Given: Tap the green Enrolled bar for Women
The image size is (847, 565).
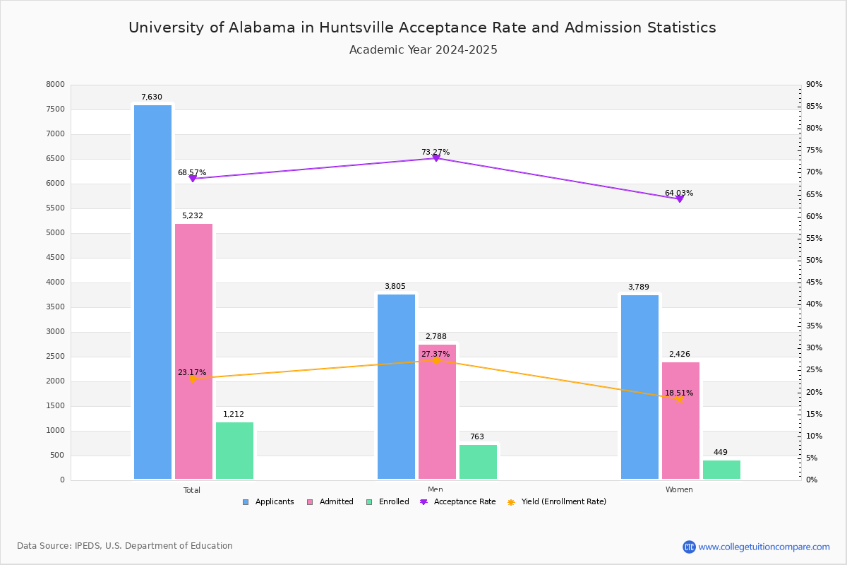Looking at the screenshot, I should pyautogui.click(x=721, y=470).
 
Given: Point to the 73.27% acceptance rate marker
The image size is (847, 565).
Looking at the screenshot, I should pyautogui.click(x=436, y=157).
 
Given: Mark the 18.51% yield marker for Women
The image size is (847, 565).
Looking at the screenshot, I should pyautogui.click(x=680, y=399).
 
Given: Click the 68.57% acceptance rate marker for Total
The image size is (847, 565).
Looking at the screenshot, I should pyautogui.click(x=193, y=179).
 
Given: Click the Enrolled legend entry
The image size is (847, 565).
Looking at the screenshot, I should pyautogui.click(x=388, y=502).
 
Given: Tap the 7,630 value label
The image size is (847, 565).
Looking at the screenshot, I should pyautogui.click(x=152, y=97).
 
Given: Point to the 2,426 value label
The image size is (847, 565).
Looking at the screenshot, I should pyautogui.click(x=680, y=355).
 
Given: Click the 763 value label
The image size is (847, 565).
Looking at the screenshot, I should pyautogui.click(x=477, y=437).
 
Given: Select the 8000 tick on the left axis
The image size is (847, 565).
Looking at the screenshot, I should pyautogui.click(x=56, y=85).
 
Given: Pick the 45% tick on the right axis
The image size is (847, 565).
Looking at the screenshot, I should pyautogui.click(x=815, y=282).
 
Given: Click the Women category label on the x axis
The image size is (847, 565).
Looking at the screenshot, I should pyautogui.click(x=679, y=490).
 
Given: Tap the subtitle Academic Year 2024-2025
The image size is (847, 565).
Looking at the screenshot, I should pyautogui.click(x=423, y=50).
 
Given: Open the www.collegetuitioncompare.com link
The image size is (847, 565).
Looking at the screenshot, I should pyautogui.click(x=764, y=547).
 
